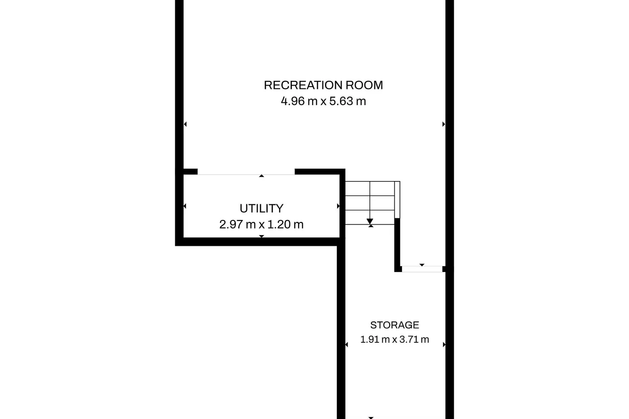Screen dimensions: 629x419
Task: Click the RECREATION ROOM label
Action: coord(323,85)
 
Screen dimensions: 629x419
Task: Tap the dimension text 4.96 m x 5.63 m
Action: coord(323,101)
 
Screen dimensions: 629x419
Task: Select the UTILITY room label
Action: coord(261,208)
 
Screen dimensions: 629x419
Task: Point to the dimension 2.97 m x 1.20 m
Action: coord(261,224)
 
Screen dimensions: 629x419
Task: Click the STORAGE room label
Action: coord(395,325)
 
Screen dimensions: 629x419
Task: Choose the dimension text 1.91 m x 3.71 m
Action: coord(395,339)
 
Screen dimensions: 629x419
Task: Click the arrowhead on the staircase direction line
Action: coord(370,221)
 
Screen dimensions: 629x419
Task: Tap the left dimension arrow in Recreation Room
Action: coord(185,124)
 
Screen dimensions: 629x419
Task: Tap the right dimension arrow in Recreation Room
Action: coord(444,124)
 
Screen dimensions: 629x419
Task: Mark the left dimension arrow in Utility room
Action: coord(185,206)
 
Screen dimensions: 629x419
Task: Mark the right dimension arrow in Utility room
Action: coord(338,206)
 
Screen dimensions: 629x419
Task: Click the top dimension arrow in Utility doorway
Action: coord(261,176)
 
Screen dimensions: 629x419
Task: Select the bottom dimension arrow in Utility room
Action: coord(261,236)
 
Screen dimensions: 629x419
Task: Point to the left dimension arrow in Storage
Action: coord(346,345)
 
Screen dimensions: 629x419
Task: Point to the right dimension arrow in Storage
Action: coord(444,345)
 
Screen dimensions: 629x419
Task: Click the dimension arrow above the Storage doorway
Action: coord(422,265)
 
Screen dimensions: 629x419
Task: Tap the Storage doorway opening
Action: coord(422,269)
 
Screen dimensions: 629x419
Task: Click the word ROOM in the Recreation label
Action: coord(364,85)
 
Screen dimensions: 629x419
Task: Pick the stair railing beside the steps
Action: coord(397,199)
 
